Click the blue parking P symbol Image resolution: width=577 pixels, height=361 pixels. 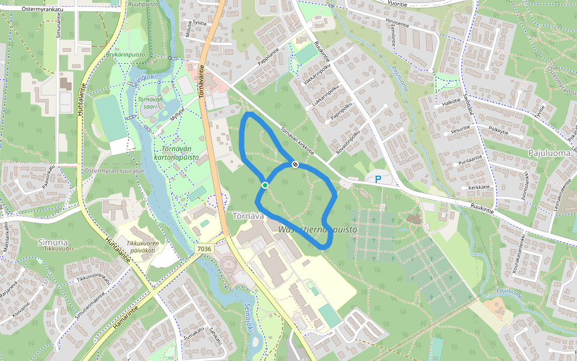tap(378, 179)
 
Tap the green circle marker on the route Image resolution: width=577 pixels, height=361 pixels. tap(264, 185)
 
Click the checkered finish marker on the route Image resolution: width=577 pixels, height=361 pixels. tap(295, 164)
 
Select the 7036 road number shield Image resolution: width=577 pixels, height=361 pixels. tap(204, 248)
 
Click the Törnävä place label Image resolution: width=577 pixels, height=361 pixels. tap(248, 216)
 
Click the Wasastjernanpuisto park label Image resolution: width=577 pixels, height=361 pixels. tap(319, 230)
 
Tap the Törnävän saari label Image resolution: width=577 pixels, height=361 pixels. tap(150, 103)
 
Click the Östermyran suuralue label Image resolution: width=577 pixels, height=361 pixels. tap(114, 171)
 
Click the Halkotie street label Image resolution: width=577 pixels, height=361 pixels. tap(451, 102)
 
